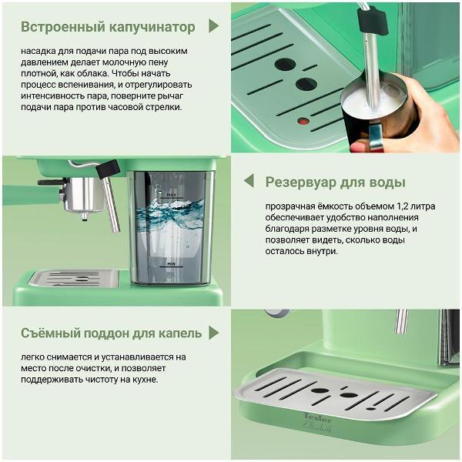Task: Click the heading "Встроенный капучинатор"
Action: (x=109, y=27)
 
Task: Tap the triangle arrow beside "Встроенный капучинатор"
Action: (x=213, y=27)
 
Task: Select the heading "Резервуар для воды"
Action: (x=335, y=182)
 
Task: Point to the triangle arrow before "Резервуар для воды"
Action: (x=249, y=182)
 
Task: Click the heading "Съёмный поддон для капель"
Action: (x=112, y=333)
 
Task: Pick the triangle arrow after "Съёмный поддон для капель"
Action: (x=216, y=333)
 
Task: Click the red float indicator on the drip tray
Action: (x=303, y=122)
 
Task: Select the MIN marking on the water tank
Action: (x=172, y=263)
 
